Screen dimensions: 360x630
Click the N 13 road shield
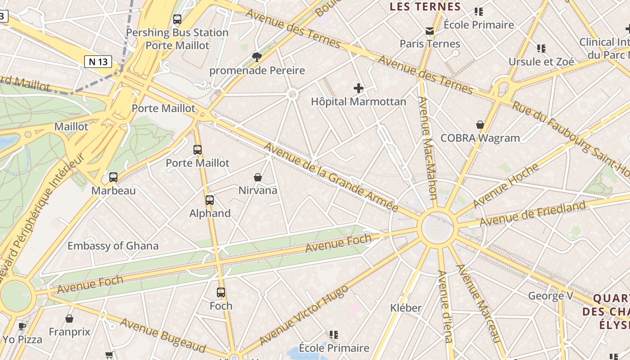tap(98, 62)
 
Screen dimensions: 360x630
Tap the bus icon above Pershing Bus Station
tap(177, 19)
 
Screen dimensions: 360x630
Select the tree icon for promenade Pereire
tap(257, 57)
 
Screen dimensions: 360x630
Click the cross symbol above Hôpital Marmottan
tap(358, 88)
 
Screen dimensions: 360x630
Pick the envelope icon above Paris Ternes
tap(430, 31)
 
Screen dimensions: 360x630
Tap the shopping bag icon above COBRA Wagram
tap(480, 125)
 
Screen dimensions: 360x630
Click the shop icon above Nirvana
tap(258, 177)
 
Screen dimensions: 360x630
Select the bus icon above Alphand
tap(210, 200)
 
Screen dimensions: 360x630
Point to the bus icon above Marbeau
tap(113, 177)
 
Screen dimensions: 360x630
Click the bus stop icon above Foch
tap(221, 292)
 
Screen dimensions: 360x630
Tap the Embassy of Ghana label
tap(113, 246)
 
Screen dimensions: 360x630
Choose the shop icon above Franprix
tap(69, 319)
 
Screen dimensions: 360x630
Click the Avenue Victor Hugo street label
tap(304, 315)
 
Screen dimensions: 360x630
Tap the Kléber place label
tap(405, 308)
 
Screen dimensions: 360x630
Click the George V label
tap(551, 296)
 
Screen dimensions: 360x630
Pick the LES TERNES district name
tap(425, 7)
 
